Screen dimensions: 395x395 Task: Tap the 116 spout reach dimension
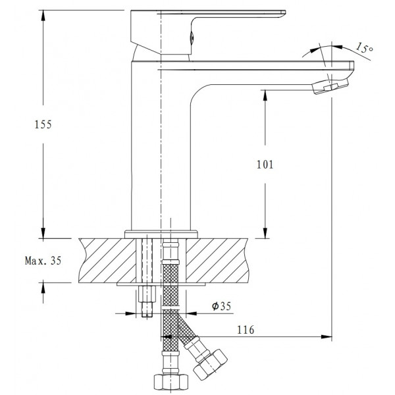pyautogui.click(x=246, y=329)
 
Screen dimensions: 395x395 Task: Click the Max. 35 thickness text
pyautogui.click(x=43, y=261)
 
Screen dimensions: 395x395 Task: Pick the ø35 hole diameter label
pyautogui.click(x=220, y=305)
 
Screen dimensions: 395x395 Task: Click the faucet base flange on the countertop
pyautogui.click(x=161, y=232)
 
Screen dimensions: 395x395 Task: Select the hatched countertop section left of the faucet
pyautogui.click(x=105, y=259)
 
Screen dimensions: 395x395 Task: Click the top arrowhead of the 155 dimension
pyautogui.click(x=43, y=16)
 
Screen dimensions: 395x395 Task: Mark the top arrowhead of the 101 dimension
pyautogui.click(x=266, y=93)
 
